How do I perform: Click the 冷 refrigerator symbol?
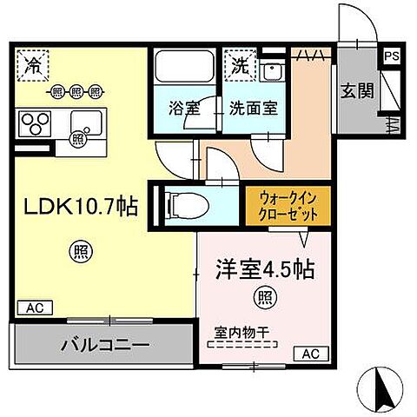click(x=33, y=64)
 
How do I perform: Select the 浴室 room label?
click(x=182, y=109)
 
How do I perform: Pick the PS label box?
click(x=393, y=54)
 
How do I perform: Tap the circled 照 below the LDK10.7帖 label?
click(x=79, y=252)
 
